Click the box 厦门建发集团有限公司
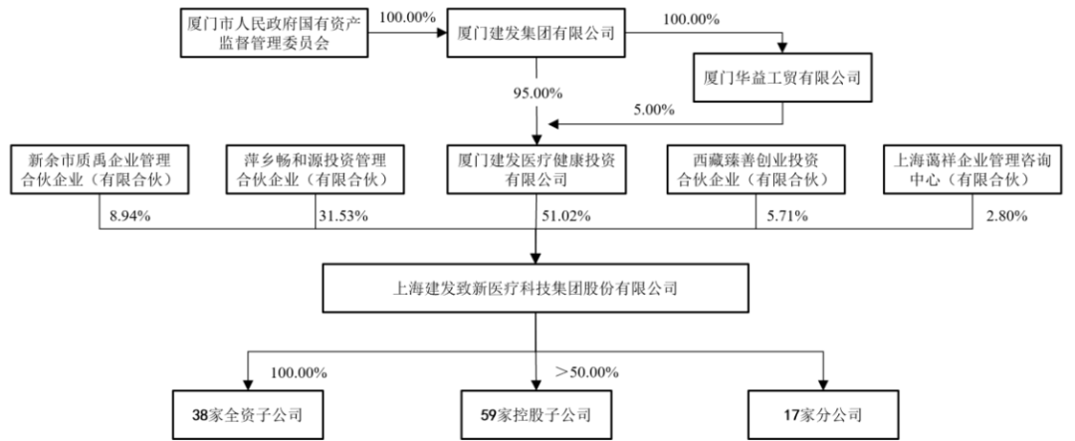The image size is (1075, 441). pyautogui.click(x=537, y=34)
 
